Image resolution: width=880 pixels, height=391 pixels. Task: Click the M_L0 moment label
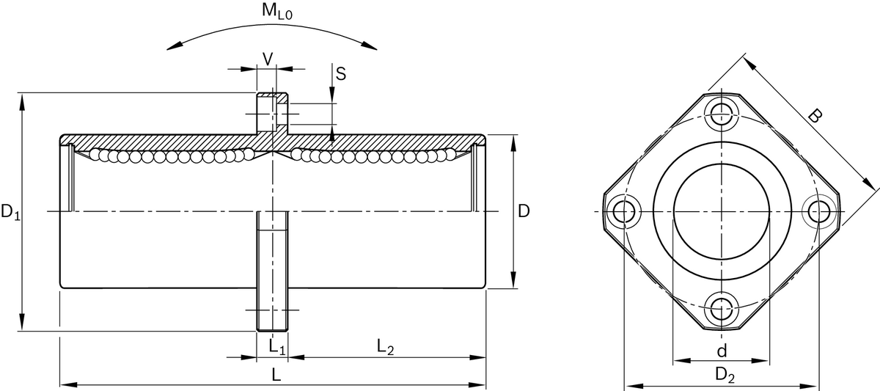[277, 11]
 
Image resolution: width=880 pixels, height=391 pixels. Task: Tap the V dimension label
[268, 59]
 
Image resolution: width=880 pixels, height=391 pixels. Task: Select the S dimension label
[341, 74]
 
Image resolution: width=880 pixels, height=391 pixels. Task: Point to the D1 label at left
[10, 212]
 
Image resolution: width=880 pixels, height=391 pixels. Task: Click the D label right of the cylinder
[524, 211]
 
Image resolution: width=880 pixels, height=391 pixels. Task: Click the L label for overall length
[276, 376]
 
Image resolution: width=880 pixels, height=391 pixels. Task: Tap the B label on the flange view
[815, 116]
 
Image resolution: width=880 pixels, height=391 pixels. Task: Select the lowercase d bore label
[722, 351]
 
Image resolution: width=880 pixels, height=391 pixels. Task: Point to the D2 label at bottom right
[725, 376]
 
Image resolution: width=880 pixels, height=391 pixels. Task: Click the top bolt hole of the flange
[722, 114]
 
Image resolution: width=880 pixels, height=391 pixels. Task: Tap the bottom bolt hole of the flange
[722, 310]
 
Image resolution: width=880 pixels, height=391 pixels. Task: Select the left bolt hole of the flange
[623, 212]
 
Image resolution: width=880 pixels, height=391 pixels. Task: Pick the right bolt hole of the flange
[819, 212]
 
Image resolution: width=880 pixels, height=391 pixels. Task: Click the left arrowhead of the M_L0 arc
[175, 45]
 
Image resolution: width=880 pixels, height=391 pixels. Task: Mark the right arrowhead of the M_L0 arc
[370, 45]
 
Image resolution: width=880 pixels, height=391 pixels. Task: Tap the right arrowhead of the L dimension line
[477, 384]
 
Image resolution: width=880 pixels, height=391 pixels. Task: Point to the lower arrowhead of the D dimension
[513, 279]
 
